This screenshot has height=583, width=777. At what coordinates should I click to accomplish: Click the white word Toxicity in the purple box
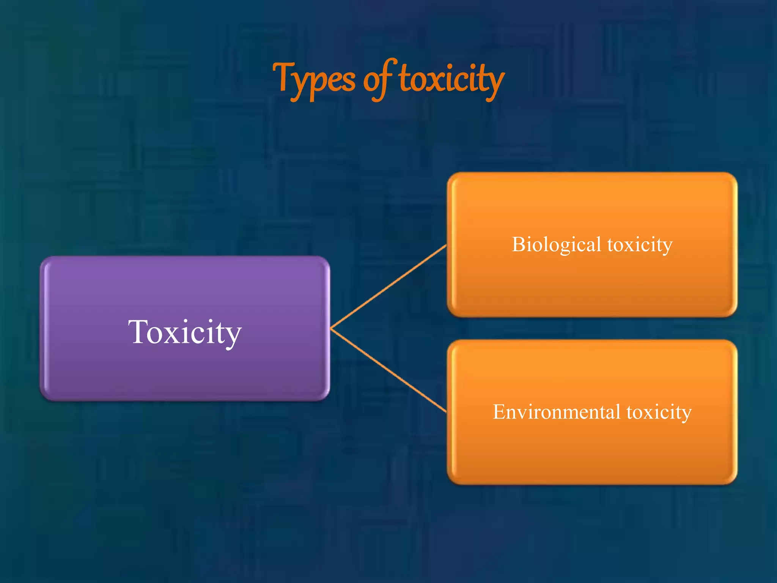click(185, 332)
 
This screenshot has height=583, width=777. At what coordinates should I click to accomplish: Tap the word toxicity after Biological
click(640, 244)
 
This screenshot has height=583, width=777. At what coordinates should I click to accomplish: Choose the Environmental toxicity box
click(592, 452)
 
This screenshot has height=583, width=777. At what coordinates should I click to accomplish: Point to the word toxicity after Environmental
click(659, 412)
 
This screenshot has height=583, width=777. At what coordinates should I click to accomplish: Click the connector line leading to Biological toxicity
click(389, 287)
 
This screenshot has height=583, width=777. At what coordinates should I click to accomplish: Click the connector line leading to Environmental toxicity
click(389, 370)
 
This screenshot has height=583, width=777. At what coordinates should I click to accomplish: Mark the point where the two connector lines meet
click(331, 328)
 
